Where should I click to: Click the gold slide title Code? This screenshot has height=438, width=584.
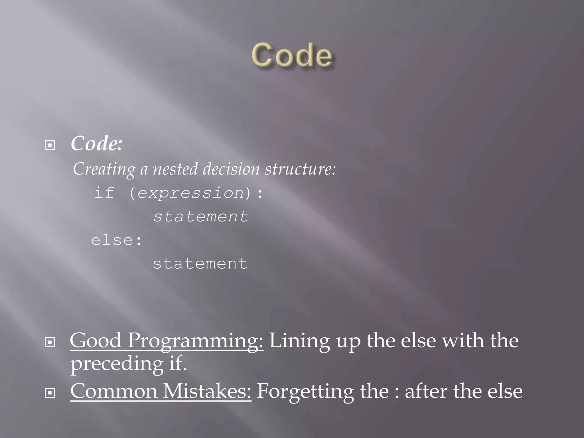(x=292, y=55)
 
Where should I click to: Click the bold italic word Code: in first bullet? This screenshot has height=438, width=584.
(x=96, y=143)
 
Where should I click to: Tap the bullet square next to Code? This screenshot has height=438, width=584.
(x=50, y=145)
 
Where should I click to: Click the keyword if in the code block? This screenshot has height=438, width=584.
(x=104, y=192)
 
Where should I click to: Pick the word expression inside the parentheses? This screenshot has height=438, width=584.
(x=191, y=193)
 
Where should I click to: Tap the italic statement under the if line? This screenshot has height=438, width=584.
(x=200, y=216)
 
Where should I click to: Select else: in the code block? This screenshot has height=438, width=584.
(x=116, y=240)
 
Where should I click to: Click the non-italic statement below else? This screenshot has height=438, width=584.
(x=200, y=263)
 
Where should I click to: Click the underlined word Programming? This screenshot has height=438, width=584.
(x=195, y=341)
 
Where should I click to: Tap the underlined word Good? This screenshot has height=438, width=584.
(x=96, y=340)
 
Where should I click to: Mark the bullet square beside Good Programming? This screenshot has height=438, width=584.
(x=50, y=342)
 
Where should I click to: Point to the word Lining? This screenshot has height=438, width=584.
(x=299, y=341)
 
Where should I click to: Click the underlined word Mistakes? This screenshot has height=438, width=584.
(x=207, y=391)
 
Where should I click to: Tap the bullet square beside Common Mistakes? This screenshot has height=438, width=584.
(x=50, y=393)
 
